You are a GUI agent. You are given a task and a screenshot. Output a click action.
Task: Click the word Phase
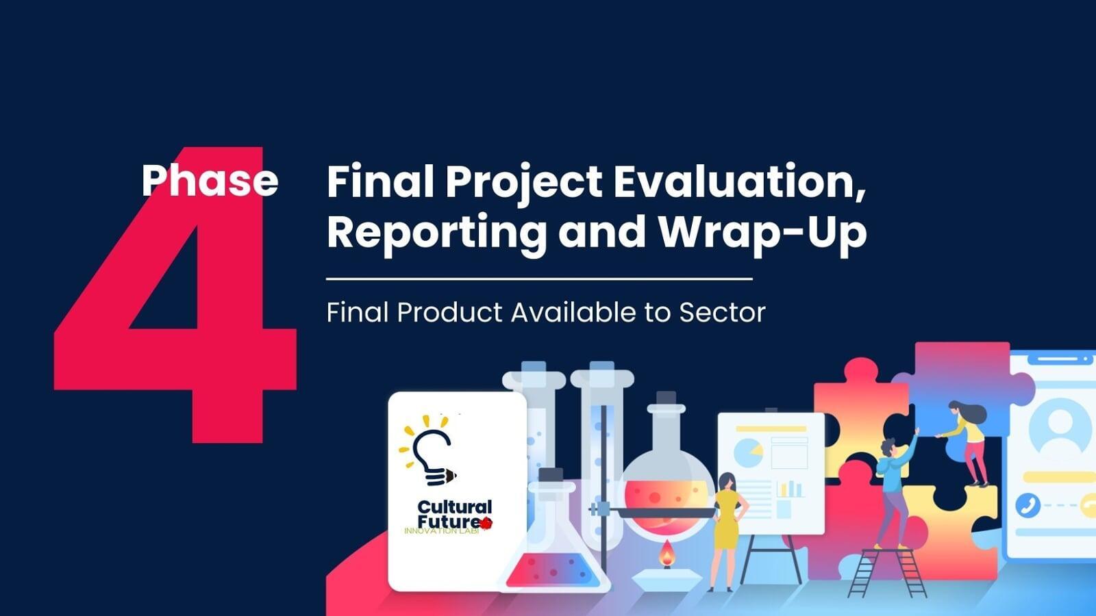tap(210, 180)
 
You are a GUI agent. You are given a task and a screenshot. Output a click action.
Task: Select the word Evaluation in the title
tap(739, 182)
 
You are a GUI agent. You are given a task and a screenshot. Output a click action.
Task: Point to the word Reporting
tap(436, 233)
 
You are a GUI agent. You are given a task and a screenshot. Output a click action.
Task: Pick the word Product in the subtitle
tap(449, 312)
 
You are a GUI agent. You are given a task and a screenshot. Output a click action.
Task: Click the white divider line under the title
tap(539, 279)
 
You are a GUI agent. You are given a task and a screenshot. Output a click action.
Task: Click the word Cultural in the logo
tap(455, 506)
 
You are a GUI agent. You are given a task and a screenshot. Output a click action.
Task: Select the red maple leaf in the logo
tap(486, 523)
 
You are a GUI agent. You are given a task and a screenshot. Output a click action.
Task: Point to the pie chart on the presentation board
tap(749, 452)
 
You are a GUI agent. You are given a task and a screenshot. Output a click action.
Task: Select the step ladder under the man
tap(887, 573)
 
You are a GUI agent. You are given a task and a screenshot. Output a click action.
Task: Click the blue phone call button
tap(1028, 505)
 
